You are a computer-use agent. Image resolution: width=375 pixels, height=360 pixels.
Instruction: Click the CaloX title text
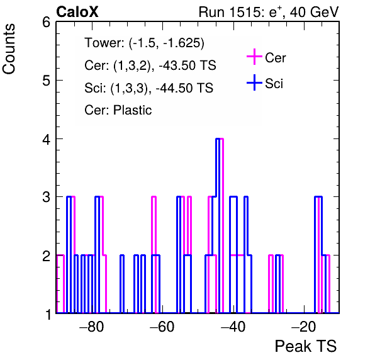[77, 12]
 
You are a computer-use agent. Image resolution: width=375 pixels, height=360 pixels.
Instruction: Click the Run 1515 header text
[269, 12]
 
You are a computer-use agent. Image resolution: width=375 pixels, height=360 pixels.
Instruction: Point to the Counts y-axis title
[9, 49]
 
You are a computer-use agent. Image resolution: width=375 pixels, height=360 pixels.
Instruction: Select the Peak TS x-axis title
[306, 346]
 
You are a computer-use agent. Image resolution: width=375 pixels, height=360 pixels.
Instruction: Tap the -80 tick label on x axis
[92, 327]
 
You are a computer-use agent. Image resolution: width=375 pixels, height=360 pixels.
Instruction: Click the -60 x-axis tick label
[162, 327]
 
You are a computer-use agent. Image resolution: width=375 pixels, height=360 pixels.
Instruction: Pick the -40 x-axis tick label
[233, 327]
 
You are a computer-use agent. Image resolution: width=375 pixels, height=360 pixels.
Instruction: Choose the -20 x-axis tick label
[304, 327]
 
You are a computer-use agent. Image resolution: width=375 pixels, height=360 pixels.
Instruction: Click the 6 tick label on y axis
[46, 23]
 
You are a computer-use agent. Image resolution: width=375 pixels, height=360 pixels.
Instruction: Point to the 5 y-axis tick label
[46, 81]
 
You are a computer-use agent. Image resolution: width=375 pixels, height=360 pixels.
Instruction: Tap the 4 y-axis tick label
[46, 139]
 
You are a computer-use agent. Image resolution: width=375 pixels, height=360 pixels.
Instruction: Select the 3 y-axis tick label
[46, 197]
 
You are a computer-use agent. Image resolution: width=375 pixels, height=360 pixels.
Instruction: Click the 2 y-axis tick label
[46, 256]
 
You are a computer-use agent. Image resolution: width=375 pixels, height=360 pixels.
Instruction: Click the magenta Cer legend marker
[254, 57]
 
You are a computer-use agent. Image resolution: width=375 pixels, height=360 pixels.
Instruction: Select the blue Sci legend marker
[254, 82]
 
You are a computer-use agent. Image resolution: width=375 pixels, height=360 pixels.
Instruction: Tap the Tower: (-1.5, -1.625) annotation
[145, 43]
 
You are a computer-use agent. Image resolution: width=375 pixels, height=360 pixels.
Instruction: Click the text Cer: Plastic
[118, 110]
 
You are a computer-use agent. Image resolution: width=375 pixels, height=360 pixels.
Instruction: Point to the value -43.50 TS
[187, 65]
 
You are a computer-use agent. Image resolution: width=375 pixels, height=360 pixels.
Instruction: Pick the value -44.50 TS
[184, 87]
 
